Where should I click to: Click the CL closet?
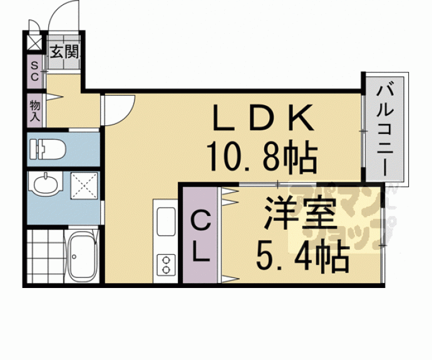[200, 237]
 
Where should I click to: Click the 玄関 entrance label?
[64, 52]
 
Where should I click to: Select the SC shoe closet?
[34, 71]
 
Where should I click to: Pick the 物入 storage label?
[34, 111]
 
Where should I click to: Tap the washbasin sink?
[46, 185]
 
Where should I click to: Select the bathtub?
[81, 257]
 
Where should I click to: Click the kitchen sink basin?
[167, 223]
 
